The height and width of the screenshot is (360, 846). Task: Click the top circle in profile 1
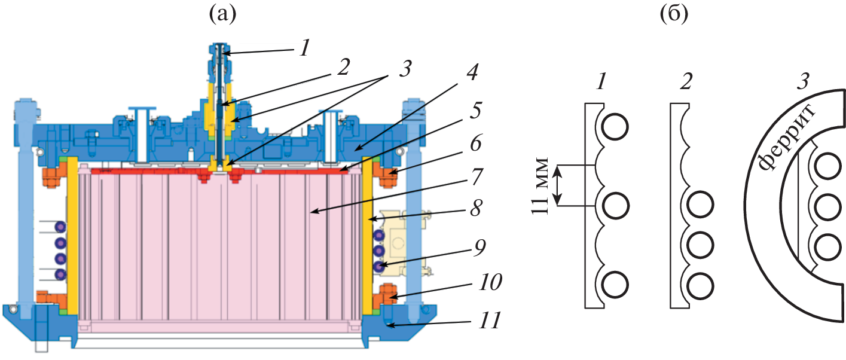click(614, 127)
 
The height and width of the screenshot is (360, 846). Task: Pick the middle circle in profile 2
click(700, 245)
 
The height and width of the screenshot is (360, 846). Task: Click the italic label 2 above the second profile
click(686, 81)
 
